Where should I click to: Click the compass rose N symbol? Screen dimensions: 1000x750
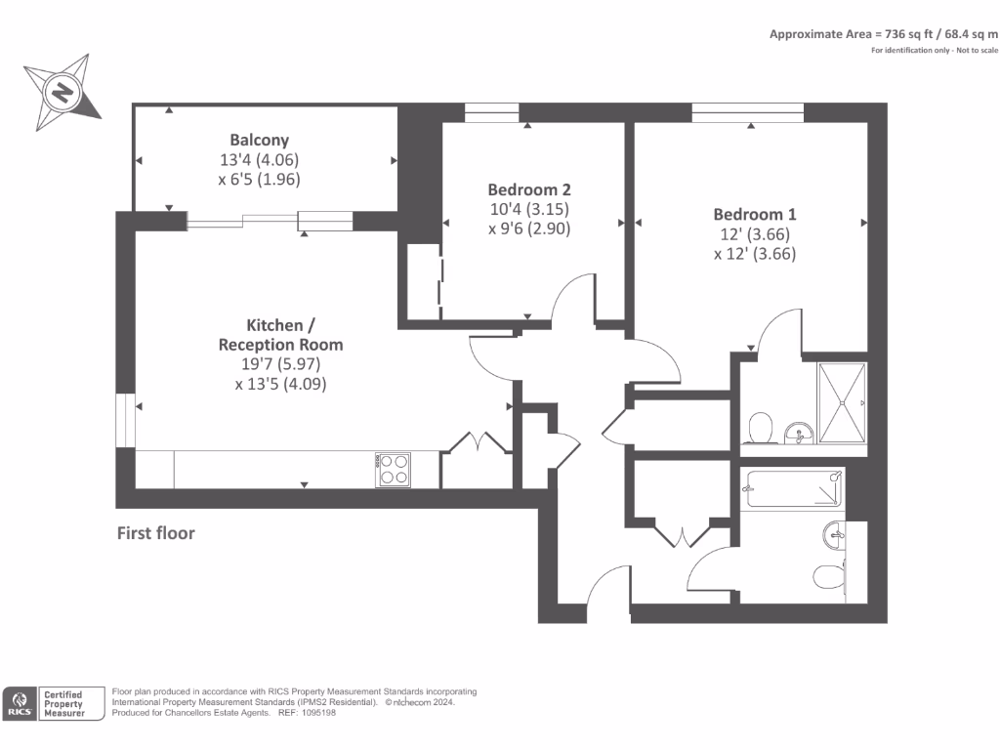click(x=62, y=93)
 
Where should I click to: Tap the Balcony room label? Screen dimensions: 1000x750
click(x=259, y=140)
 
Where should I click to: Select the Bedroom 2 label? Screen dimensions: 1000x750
click(x=529, y=189)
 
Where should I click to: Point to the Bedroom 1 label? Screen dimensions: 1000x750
click(x=755, y=214)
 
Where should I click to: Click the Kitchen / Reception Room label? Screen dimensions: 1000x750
click(x=280, y=335)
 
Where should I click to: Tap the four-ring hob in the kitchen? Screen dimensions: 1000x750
click(x=393, y=470)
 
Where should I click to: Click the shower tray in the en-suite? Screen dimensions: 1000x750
click(x=842, y=403)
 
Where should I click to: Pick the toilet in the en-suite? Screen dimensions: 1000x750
click(x=761, y=428)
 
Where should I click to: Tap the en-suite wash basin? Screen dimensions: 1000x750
click(x=798, y=433)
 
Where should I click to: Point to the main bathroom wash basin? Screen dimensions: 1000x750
click(x=834, y=534)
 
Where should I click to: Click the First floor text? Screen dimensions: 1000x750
click(x=155, y=533)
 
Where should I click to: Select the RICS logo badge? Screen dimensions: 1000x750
click(x=20, y=703)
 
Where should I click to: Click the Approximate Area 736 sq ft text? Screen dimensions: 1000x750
click(x=883, y=34)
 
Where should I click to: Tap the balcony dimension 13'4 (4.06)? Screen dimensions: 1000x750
click(x=259, y=159)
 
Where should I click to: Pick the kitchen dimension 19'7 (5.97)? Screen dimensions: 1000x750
click(x=280, y=364)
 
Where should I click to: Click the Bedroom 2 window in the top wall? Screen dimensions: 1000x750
click(x=492, y=112)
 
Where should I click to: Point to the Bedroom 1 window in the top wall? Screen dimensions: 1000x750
click(x=747, y=112)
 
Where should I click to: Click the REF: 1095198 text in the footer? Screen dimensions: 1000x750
click(x=307, y=712)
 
